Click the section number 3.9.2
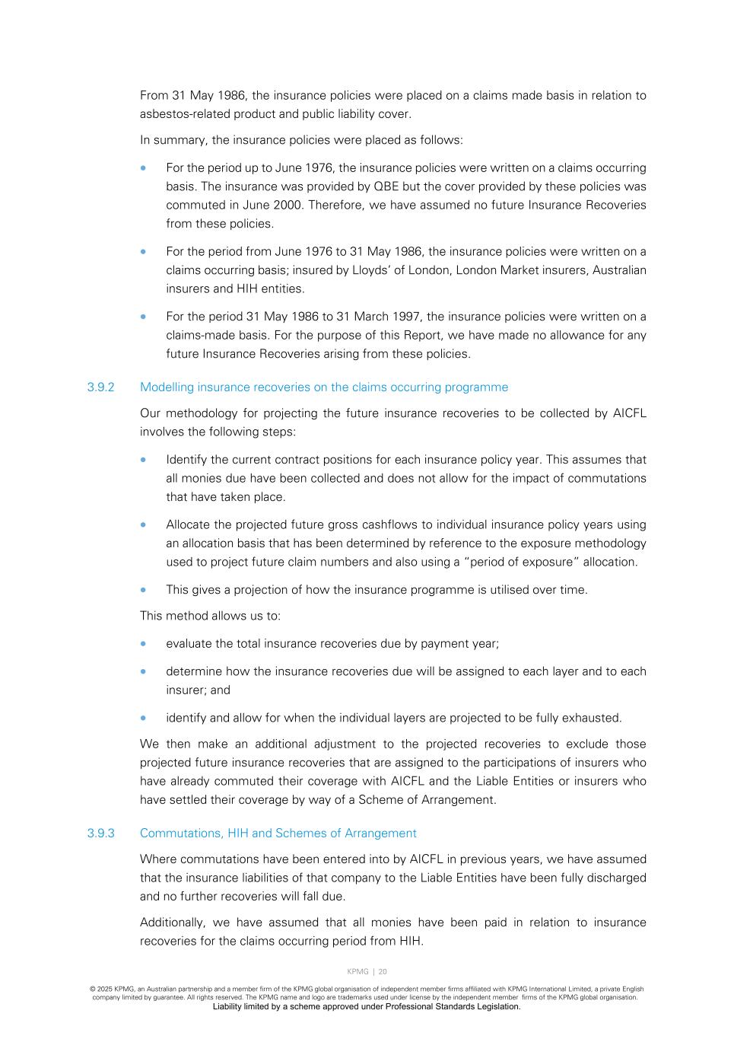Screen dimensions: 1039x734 click(x=100, y=387)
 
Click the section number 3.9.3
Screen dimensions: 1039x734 click(x=100, y=833)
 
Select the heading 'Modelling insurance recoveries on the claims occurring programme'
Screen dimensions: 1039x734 click(x=323, y=387)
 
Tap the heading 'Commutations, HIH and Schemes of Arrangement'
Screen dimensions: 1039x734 click(x=278, y=833)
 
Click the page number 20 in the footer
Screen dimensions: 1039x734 click(x=383, y=972)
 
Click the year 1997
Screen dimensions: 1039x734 click(x=407, y=317)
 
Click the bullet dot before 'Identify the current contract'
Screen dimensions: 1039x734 click(x=143, y=460)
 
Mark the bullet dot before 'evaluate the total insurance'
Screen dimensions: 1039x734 click(x=143, y=644)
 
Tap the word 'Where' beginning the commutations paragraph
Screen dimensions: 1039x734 click(x=157, y=859)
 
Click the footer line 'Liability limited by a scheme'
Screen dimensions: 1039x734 click(x=367, y=1007)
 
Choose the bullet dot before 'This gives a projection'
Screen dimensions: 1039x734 click(x=143, y=590)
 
